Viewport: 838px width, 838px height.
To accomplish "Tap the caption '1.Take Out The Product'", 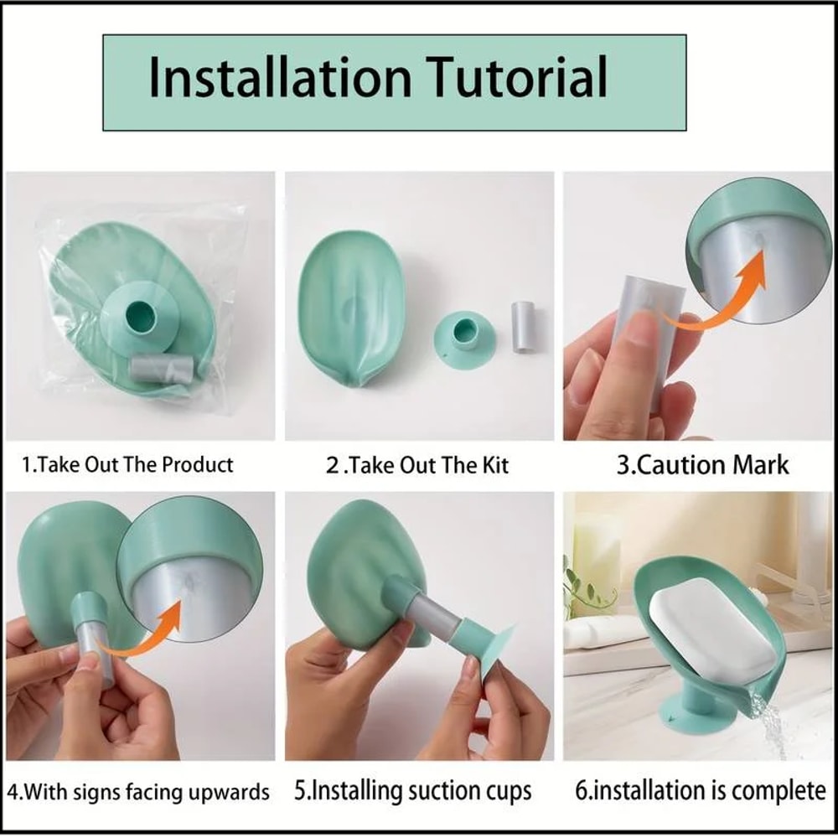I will point(127,464).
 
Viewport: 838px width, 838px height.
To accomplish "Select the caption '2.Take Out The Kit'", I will point(417,465).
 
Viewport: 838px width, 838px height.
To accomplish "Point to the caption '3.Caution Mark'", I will point(702,464).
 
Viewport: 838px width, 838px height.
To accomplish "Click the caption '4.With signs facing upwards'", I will point(138,791).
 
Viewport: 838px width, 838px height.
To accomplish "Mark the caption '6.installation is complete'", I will point(701,790).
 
